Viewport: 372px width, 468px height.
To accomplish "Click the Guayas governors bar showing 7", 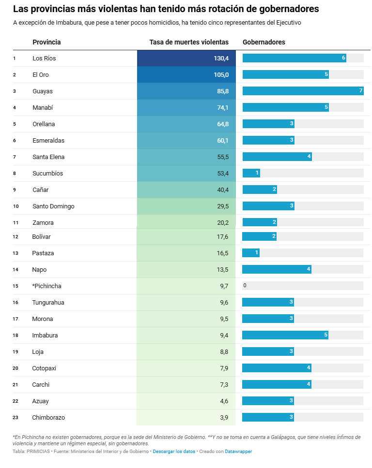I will pos(303,91).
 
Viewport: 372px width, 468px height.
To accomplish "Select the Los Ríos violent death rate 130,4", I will pos(221,58).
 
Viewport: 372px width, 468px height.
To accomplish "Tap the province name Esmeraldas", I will pos(48,141).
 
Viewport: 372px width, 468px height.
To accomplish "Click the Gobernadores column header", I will pos(263,42).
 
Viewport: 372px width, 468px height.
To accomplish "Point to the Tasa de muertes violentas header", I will pos(189,42).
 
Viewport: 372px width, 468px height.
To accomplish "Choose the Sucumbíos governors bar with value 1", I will pos(251,173).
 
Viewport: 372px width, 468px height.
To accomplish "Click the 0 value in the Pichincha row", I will pos(245,286).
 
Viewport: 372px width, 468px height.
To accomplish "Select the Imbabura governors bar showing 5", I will pos(285,335).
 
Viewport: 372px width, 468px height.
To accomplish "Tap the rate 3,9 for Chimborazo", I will pos(224,418).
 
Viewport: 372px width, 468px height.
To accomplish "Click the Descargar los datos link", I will pos(174,452).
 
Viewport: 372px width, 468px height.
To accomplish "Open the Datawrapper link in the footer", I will pos(238,452).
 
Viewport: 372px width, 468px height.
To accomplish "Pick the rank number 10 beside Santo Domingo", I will pos(16,206).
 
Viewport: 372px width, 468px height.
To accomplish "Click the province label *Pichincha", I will pos(47,286).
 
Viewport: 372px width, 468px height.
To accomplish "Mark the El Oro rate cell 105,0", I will pos(221,75).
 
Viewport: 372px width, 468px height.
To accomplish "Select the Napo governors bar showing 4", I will pos(277,269).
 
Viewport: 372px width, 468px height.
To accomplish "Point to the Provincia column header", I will pos(46,42).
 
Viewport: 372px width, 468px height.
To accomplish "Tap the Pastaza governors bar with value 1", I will pos(251,253).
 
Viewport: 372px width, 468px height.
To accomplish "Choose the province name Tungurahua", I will pos(48,303).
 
